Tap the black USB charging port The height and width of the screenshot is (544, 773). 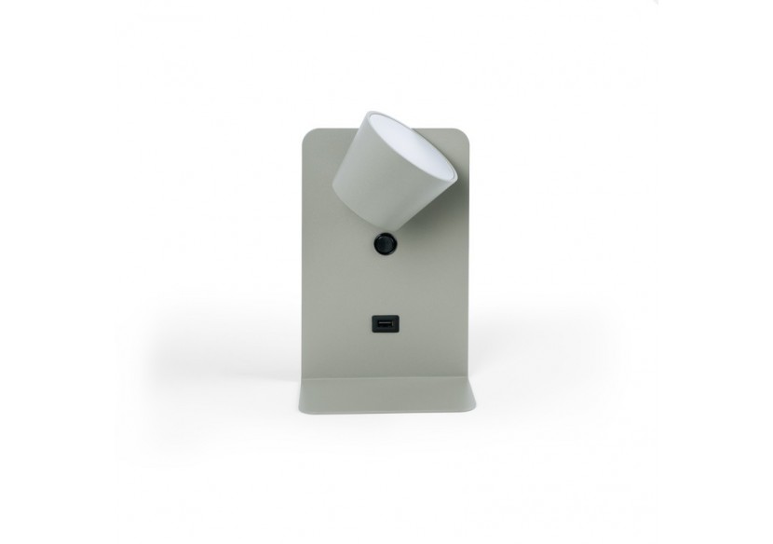click(x=383, y=324)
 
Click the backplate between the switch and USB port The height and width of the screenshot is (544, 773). click(x=382, y=284)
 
